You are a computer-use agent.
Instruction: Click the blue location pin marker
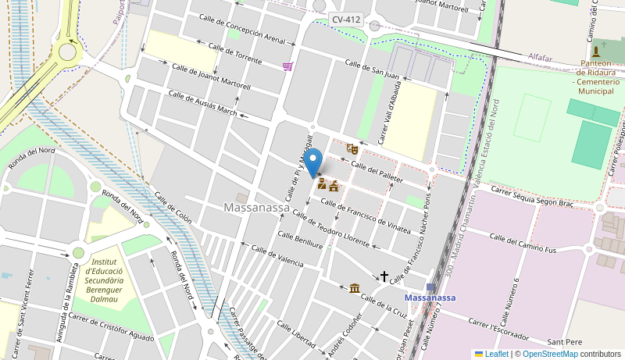point(312,163)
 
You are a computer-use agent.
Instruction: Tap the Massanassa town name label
point(256,208)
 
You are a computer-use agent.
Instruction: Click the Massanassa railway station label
point(430,298)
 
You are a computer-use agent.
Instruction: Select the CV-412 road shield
point(345,20)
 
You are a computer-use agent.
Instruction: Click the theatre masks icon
point(352,148)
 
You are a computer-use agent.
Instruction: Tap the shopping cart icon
point(288,66)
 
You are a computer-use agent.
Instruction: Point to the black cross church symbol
point(384,276)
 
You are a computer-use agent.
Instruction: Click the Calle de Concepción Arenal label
point(242,28)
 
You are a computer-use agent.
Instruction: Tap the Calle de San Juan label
point(372,70)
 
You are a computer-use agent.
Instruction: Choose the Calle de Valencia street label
point(277,255)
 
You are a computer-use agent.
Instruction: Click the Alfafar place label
point(540,57)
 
